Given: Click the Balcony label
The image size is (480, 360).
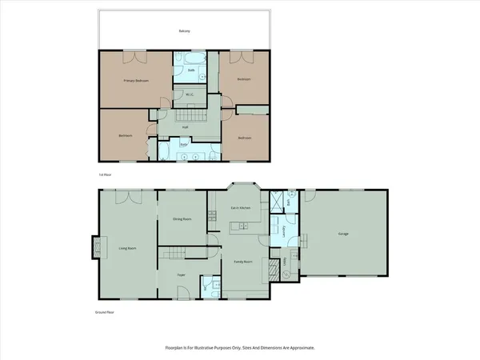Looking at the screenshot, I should (185, 31).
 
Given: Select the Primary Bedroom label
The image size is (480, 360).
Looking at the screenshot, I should (137, 81).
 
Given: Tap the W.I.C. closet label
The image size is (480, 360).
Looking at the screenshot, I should (190, 95).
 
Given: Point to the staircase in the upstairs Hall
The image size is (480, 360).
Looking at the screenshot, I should (195, 118).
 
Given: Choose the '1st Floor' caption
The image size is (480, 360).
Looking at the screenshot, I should (103, 174).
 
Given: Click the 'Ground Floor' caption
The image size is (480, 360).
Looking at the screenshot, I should (105, 312).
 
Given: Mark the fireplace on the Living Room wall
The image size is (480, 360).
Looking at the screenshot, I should (98, 247).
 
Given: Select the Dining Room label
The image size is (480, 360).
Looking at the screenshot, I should (182, 218).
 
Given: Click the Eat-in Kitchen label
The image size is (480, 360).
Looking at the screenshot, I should (241, 208).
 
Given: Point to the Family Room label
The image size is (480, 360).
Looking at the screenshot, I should (243, 262).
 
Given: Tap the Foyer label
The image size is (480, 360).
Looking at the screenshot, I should (182, 274).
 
